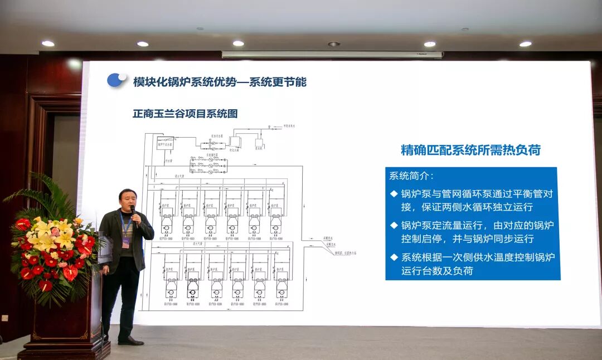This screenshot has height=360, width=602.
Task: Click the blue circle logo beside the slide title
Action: (116, 80)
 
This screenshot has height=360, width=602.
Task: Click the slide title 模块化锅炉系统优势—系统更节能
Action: (220, 82)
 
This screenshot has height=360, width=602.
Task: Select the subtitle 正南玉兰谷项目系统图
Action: (185, 114)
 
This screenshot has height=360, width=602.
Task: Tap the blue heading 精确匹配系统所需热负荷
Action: (470, 150)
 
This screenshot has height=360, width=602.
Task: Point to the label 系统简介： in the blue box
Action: (411, 176)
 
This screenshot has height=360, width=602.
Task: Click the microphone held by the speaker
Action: (133, 211)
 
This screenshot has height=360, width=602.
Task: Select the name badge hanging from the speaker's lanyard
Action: (126, 242)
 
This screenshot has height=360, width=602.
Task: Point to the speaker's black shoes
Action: (131, 340)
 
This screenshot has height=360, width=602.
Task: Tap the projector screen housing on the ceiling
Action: (332, 55)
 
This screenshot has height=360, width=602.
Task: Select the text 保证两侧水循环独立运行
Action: (467, 207)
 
